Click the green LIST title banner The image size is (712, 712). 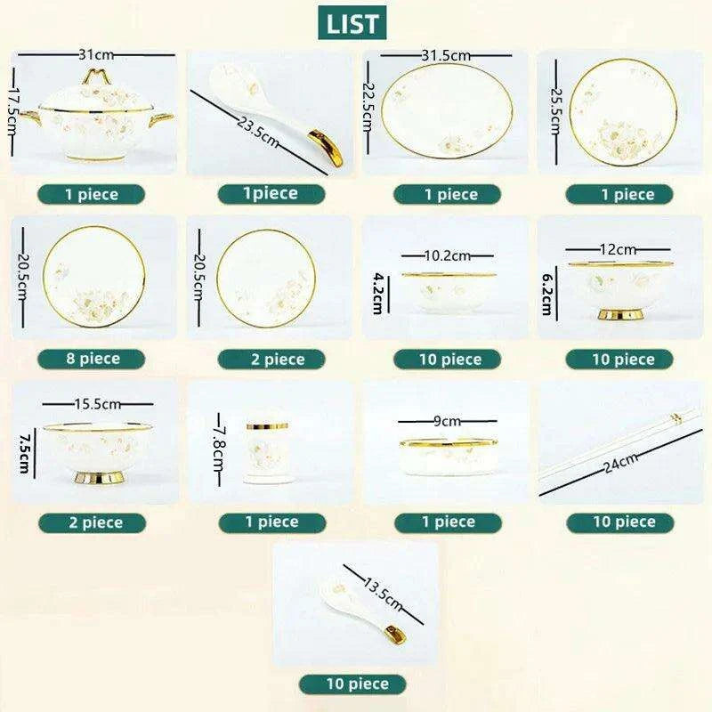pos(352,23)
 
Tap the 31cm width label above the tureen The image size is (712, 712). pos(96,55)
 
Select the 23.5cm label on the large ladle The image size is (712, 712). pos(257,132)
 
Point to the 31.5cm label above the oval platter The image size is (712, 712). pos(446,55)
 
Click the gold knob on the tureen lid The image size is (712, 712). pos(95,76)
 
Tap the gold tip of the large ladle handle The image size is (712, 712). pos(328,146)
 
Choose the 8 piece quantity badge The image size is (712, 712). pos(92,360)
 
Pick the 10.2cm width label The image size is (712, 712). pos(448,255)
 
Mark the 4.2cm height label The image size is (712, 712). pos(377,294)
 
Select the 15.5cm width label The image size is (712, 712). pos(98,404)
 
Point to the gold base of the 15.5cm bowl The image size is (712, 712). pos(100,478)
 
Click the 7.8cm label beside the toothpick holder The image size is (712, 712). pos(219,449)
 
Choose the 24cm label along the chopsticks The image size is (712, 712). pos(620,462)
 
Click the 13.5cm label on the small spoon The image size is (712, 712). pos(383,594)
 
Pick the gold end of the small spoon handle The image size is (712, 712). pos(395,635)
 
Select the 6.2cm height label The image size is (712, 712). pos(547,294)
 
